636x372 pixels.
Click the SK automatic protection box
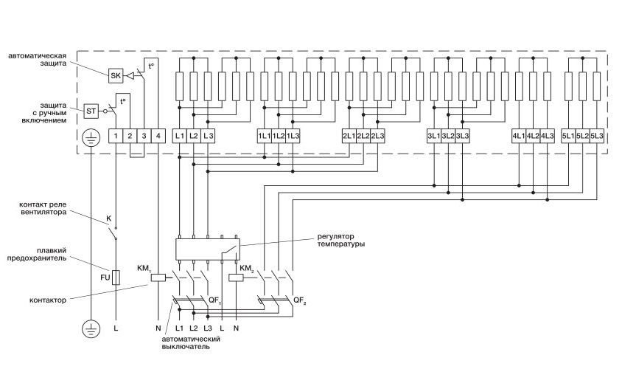click(116, 75)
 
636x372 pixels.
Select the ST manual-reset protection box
click(92, 111)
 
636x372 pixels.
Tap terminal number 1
click(116, 136)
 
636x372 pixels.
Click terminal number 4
click(158, 136)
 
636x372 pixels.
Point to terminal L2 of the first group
click(194, 136)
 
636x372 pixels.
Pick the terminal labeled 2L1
click(349, 136)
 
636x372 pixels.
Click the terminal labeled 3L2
click(448, 136)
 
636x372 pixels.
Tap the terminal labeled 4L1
click(519, 136)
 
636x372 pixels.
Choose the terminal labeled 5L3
click(597, 136)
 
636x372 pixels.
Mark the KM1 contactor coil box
click(167, 278)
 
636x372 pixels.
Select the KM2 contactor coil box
click(237, 278)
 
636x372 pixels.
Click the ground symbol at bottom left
click(90, 327)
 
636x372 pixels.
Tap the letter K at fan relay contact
click(108, 219)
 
